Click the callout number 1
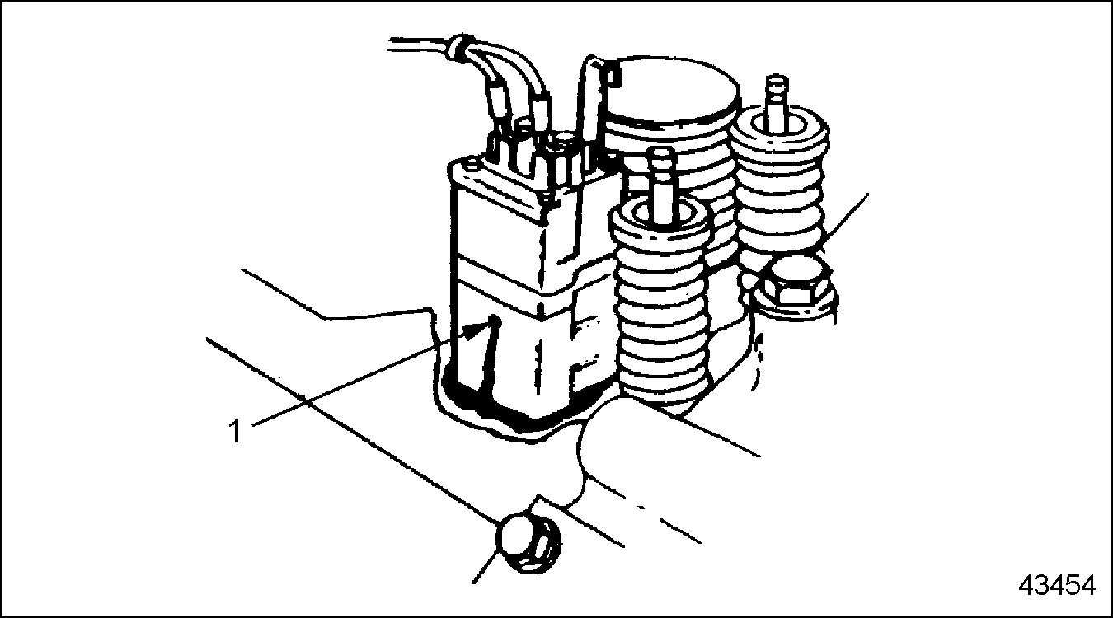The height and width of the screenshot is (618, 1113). pos(236,431)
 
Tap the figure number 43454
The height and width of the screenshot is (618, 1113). pos(1057,585)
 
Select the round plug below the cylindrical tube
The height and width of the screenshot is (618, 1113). pos(529,545)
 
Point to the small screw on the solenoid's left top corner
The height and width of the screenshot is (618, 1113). pos(470,163)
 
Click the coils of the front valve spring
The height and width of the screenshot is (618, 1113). pos(661,308)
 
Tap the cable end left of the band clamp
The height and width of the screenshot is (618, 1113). pos(418,44)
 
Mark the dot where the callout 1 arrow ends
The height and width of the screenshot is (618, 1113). pos(495,321)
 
